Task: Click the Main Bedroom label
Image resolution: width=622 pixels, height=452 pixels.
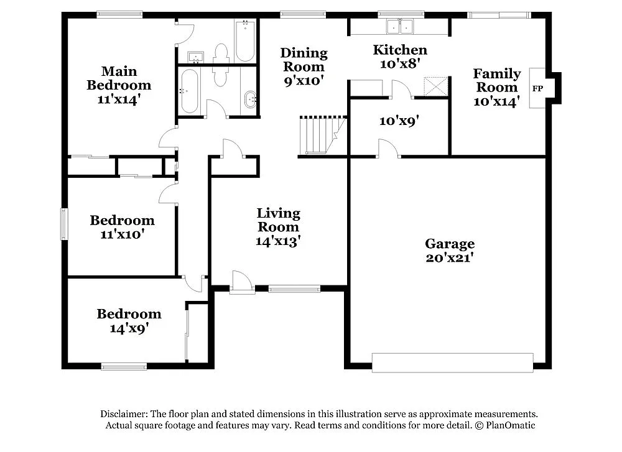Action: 119,78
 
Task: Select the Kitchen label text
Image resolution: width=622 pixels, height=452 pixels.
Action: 399,50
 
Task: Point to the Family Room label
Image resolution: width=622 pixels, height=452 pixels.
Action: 496,81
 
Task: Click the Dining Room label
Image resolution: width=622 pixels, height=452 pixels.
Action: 304,60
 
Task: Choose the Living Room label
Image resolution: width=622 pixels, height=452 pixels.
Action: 278,220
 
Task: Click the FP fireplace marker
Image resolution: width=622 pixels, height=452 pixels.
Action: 537,89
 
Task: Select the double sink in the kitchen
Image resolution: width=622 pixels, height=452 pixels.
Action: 400,27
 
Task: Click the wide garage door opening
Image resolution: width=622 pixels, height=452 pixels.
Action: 452,362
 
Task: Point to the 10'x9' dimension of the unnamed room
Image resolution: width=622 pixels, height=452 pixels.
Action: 399,121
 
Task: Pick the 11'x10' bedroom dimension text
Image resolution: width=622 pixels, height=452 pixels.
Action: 122,234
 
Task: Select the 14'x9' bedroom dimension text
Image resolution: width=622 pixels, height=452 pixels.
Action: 129,328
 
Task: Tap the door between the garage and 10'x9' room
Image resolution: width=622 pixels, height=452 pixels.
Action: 388,149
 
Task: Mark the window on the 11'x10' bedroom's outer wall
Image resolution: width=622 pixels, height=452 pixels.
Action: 63,224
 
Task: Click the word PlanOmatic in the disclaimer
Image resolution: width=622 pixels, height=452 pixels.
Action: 509,425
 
